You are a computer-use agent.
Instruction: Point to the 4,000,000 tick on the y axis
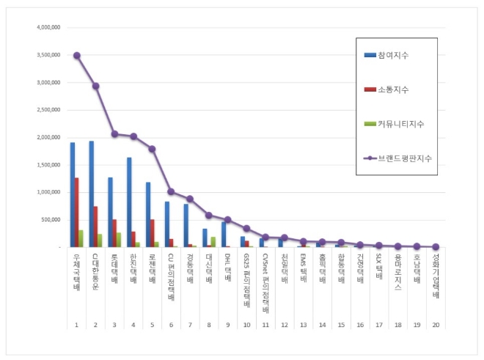[48, 28]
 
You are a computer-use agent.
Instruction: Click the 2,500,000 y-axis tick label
[48, 110]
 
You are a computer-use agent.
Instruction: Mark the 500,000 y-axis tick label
[50, 220]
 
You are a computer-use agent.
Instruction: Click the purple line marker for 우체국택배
[77, 56]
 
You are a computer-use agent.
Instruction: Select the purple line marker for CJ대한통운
[96, 87]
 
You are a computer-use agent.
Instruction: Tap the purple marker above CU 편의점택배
[171, 191]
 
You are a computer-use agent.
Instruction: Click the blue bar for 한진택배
[129, 202]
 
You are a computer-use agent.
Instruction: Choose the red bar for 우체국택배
[77, 213]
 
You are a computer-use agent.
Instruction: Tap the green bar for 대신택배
[213, 242]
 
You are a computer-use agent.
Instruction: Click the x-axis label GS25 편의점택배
[246, 277]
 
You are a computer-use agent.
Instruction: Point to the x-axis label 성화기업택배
[436, 276]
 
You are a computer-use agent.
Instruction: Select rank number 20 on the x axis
[436, 324]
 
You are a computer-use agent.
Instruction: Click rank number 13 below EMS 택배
[303, 324]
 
